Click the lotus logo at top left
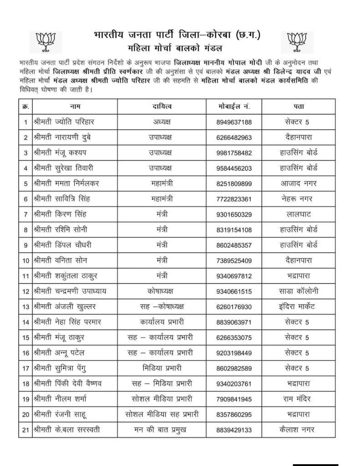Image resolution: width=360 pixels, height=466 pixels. click(44, 41)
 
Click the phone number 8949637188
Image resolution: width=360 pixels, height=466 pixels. click(234, 122)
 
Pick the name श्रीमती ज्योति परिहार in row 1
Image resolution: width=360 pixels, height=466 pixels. click(66, 122)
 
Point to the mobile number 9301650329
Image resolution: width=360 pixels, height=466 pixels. click(234, 214)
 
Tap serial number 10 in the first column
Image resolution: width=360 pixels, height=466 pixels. click(25, 261)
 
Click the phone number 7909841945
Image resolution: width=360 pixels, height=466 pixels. click(234, 399)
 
